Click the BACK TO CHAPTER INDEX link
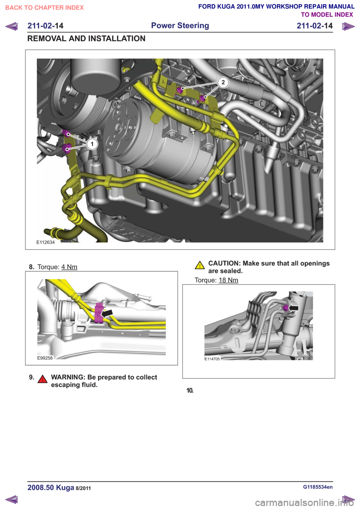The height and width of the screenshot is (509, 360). (45, 8)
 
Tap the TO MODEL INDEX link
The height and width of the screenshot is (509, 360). (327, 15)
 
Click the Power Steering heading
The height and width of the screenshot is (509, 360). (180, 25)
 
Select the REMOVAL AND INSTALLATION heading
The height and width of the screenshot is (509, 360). (86, 39)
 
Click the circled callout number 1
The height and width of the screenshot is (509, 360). (92, 144)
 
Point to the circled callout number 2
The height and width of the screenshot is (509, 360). (223, 82)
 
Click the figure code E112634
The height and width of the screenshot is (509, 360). (46, 242)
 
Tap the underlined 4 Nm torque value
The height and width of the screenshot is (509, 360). (69, 267)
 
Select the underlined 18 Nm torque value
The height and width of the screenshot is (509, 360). (228, 280)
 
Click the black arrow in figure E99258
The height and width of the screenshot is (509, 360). (107, 313)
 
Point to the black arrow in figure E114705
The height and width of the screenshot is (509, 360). (293, 308)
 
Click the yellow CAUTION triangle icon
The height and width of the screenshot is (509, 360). (199, 265)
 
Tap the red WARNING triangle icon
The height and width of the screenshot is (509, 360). (42, 379)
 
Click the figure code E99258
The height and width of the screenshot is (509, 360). (45, 358)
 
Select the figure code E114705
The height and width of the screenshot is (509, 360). (212, 359)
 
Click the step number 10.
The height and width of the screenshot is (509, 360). (190, 391)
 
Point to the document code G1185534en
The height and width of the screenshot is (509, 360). (318, 487)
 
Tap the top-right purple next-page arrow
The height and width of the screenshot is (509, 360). (348, 26)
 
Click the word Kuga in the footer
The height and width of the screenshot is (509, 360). (65, 488)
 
